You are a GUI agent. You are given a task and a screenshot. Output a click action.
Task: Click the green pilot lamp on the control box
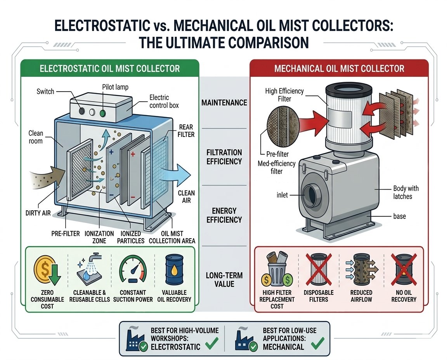pyautogui.click(x=102, y=113)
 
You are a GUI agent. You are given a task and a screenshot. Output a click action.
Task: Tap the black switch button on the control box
pyautogui.click(x=82, y=111)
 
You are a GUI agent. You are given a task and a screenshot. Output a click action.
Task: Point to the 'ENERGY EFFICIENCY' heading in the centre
pyautogui.click(x=224, y=215)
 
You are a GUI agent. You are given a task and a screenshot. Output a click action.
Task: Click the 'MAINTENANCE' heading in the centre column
pyautogui.click(x=224, y=103)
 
